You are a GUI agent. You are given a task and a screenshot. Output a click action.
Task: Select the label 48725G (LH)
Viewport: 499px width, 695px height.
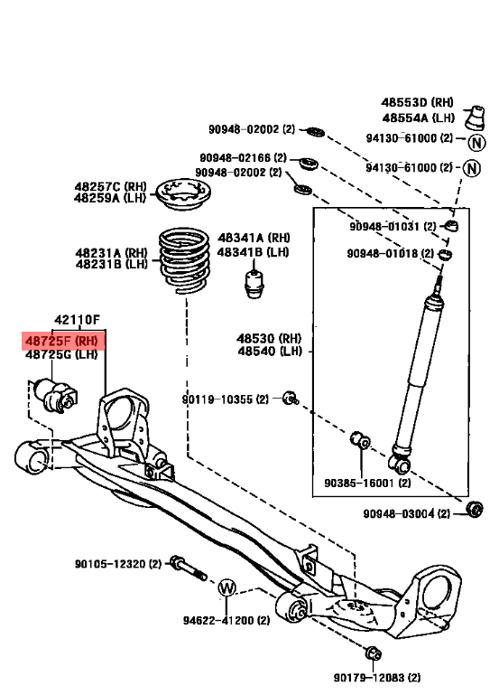[x=60, y=355]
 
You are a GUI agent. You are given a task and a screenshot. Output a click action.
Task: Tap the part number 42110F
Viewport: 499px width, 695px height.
[x=77, y=319]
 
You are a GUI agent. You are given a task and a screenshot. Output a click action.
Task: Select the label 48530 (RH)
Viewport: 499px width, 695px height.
[x=269, y=338]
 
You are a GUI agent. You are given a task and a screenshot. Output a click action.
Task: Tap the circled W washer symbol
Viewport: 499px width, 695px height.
[x=226, y=587]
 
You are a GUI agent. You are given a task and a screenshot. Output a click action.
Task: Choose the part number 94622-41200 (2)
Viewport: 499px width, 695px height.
[x=226, y=621]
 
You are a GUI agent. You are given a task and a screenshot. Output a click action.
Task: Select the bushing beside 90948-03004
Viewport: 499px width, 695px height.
[x=474, y=508]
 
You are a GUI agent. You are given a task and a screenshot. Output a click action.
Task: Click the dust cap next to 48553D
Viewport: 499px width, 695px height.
[x=471, y=119]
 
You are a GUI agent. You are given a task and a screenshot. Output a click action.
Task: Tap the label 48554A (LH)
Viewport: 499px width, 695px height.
[x=418, y=117]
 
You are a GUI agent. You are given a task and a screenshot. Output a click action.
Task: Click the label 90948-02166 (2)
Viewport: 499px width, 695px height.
[x=242, y=157]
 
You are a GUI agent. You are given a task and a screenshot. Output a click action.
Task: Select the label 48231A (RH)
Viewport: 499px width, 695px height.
[x=111, y=252]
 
